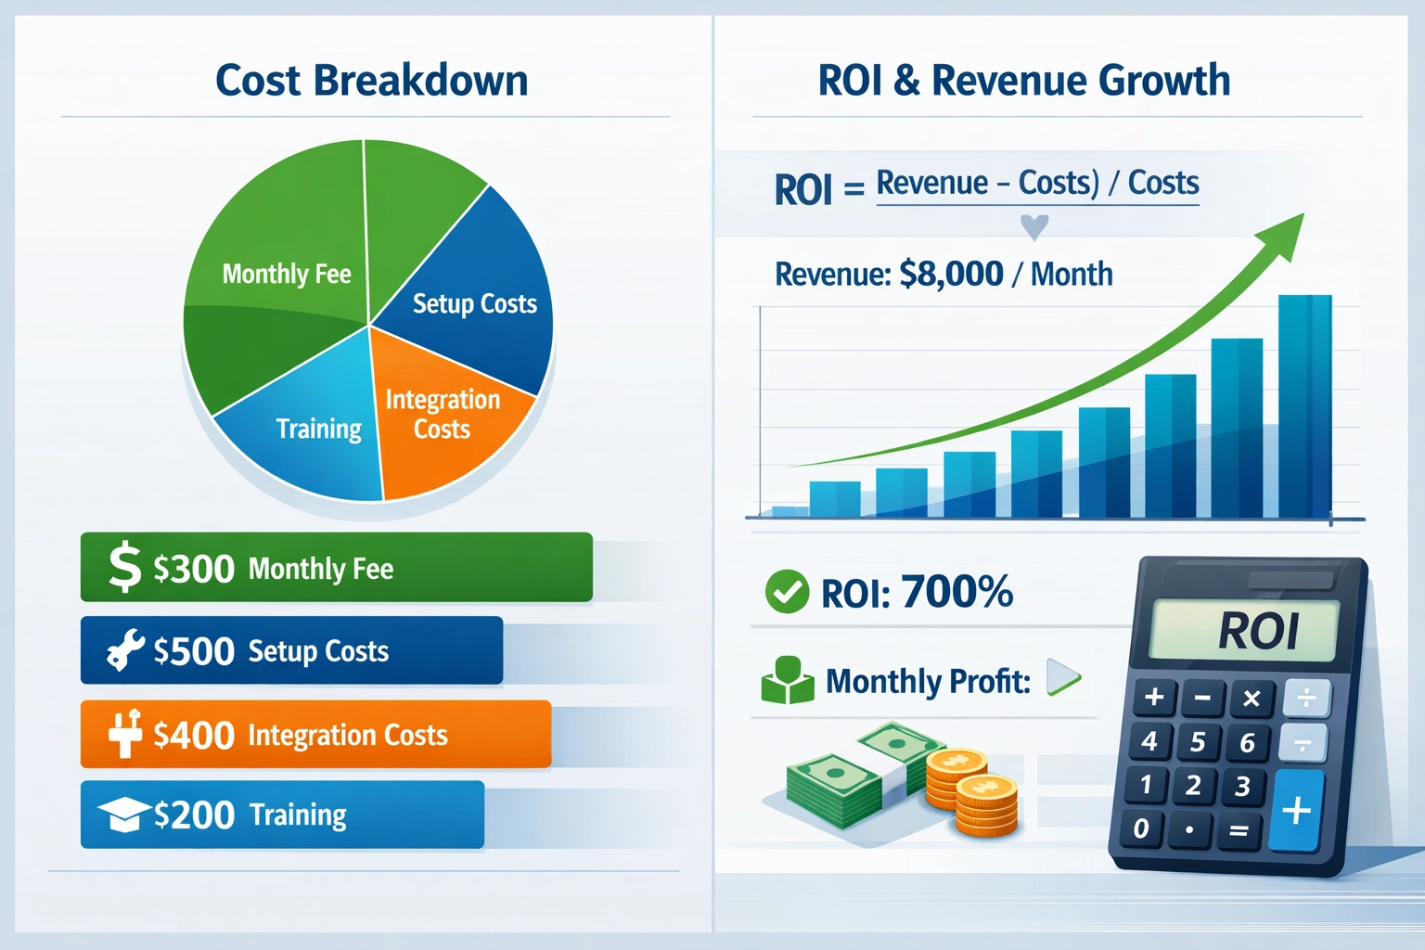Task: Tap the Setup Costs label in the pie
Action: click(x=474, y=303)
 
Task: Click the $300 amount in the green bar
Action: click(x=193, y=569)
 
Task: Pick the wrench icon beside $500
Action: click(x=124, y=649)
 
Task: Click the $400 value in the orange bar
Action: click(x=193, y=736)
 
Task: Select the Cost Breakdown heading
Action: click(x=371, y=81)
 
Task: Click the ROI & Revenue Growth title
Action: click(x=1023, y=81)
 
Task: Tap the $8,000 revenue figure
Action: click(x=951, y=274)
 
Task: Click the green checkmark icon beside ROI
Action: click(x=787, y=592)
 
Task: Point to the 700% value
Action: click(x=956, y=592)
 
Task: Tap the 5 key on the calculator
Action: click(x=1198, y=741)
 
